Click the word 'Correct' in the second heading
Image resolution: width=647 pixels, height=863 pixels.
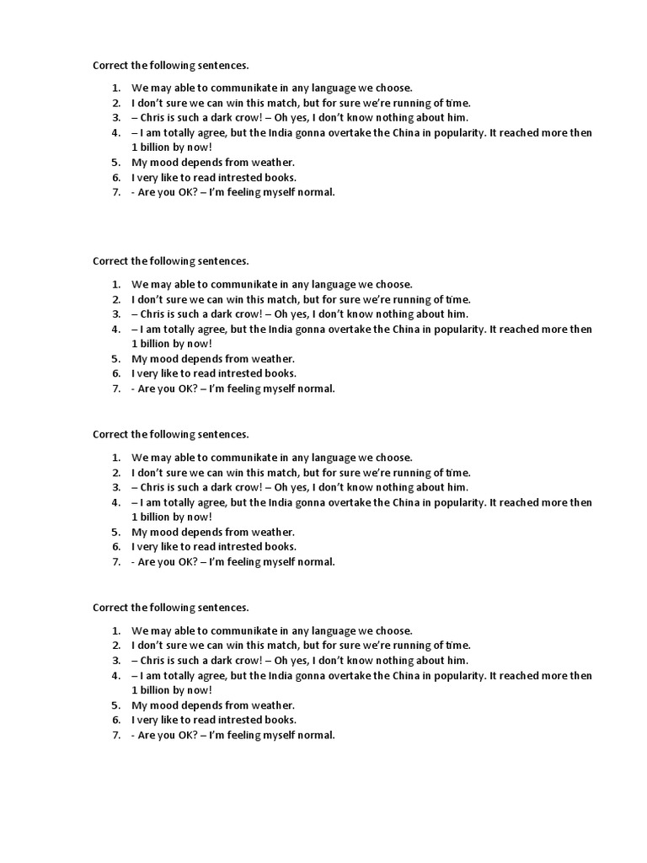110,261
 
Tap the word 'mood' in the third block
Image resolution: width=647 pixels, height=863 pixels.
163,532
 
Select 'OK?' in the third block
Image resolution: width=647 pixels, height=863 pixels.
187,562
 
